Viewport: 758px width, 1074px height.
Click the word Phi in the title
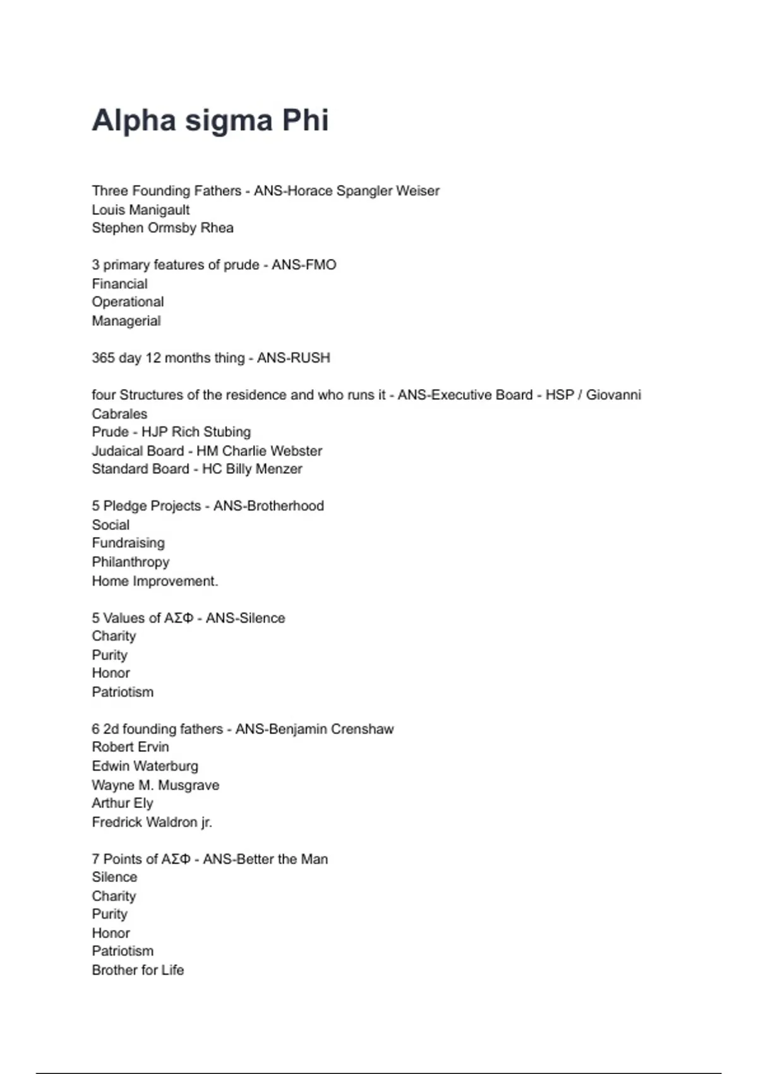pyautogui.click(x=305, y=120)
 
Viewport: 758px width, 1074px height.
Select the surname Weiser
pyautogui.click(x=418, y=191)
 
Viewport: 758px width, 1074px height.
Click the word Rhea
pyautogui.click(x=217, y=228)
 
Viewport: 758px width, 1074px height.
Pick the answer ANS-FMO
pyautogui.click(x=304, y=265)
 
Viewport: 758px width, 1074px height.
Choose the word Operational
pyautogui.click(x=128, y=302)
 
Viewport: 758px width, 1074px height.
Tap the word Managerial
pyautogui.click(x=126, y=321)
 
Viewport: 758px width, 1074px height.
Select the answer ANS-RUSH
pyautogui.click(x=293, y=358)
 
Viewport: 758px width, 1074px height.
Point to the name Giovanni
pyautogui.click(x=613, y=395)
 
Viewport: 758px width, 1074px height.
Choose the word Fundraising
pyautogui.click(x=128, y=543)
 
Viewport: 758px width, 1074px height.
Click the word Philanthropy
pyautogui.click(x=131, y=562)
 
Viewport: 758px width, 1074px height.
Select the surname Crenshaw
pyautogui.click(x=362, y=729)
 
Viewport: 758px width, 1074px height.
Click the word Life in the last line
pyautogui.click(x=172, y=970)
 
